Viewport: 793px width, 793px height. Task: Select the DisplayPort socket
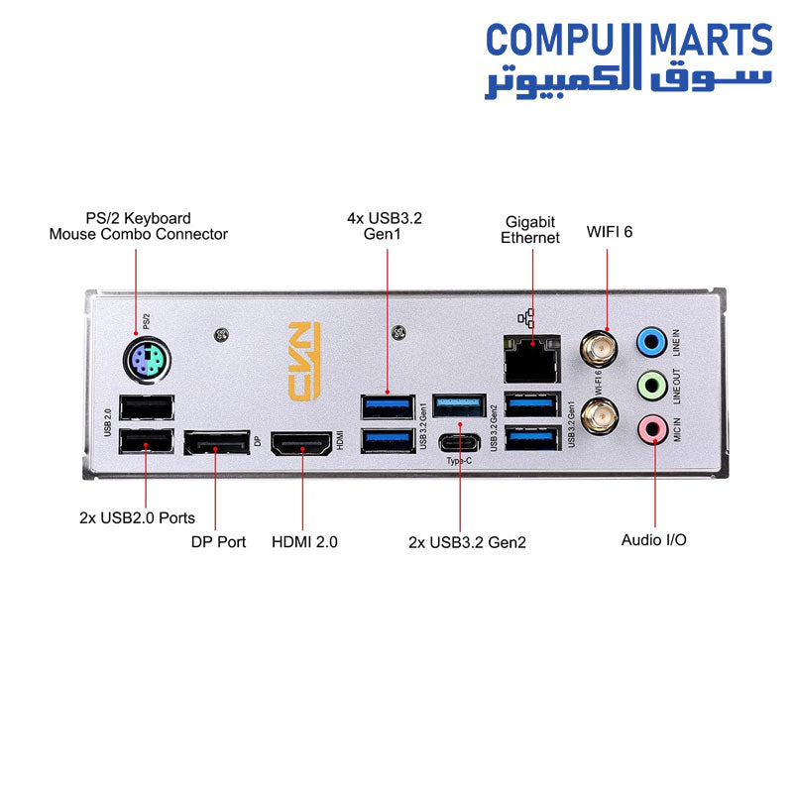[x=215, y=443]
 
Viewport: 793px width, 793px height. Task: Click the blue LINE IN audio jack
[x=650, y=342]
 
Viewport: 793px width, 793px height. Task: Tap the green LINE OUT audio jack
[x=650, y=384]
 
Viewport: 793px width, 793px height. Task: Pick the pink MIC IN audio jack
[x=650, y=428]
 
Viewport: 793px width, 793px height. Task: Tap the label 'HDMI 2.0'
[x=304, y=542]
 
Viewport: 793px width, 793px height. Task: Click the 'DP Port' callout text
[x=218, y=542]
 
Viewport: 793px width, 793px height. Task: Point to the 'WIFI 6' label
[x=609, y=232]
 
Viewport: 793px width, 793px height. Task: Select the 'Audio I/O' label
[x=653, y=540]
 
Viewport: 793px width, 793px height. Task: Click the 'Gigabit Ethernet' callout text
[x=530, y=230]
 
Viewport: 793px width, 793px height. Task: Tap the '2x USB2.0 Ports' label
[x=137, y=517]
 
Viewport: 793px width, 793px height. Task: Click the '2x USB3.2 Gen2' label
[x=467, y=542]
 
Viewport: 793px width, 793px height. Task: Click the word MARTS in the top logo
[x=710, y=42]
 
